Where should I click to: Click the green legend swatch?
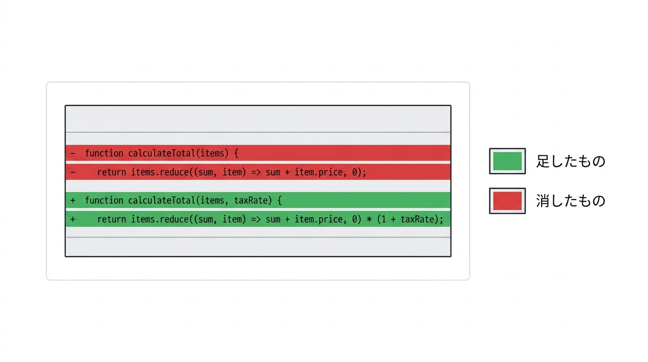click(507, 161)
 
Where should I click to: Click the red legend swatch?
click(507, 201)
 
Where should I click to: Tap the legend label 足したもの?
click(571, 161)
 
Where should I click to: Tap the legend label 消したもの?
click(571, 201)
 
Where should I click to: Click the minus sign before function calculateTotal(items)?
click(73, 153)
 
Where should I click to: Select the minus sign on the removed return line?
click(73, 173)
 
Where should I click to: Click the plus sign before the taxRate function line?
click(73, 200)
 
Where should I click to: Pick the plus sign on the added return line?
click(73, 219)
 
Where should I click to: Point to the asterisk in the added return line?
click(369, 219)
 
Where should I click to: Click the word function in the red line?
click(104, 153)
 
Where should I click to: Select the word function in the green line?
click(104, 200)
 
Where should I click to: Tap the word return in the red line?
click(112, 173)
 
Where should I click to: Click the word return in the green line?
click(112, 220)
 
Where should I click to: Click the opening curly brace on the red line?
click(236, 153)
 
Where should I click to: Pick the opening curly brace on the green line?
click(279, 200)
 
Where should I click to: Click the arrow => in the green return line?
click(256, 220)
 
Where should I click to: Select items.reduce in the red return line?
click(160, 173)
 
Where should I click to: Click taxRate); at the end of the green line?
click(422, 220)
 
